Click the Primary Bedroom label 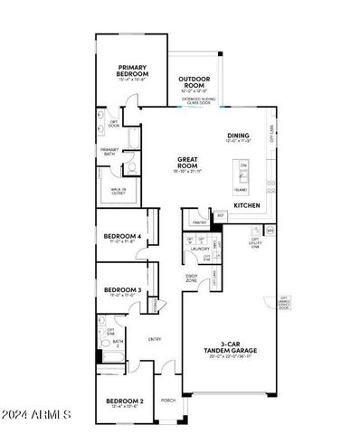point(132,70)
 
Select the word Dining point(239,136)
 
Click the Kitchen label point(247,205)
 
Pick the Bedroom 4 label point(122,236)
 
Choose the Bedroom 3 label point(122,289)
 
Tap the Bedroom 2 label point(125,400)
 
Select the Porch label point(167,400)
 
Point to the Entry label point(155,338)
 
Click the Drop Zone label point(192,277)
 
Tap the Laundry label point(200,248)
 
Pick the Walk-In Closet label point(118,190)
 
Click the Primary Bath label point(109,151)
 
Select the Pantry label point(199,220)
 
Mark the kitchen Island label point(241,190)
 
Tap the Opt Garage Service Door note point(284,303)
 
